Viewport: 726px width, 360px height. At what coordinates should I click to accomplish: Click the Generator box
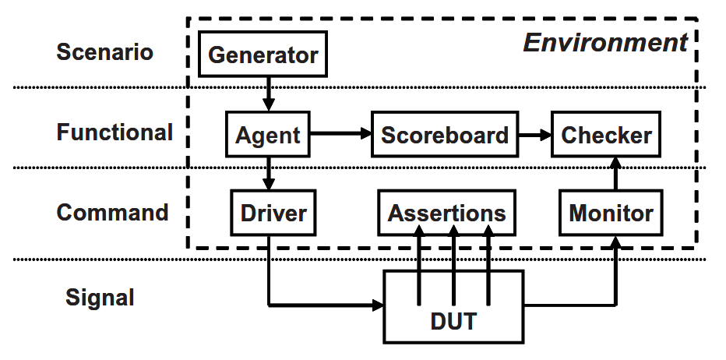263,55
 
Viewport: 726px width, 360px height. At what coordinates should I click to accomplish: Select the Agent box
268,135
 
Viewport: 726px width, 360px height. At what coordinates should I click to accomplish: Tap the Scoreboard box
445,135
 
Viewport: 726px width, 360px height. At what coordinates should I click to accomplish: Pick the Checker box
607,135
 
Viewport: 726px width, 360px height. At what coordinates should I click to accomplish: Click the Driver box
273,213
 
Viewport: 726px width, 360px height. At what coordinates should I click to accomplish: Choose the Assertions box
447,213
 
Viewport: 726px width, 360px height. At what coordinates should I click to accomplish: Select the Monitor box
611,213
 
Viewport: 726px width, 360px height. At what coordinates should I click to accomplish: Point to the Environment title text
605,42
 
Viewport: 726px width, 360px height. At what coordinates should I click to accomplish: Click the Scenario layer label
105,52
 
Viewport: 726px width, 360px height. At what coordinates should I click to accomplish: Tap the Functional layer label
115,132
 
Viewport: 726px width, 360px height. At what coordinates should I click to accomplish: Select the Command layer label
112,213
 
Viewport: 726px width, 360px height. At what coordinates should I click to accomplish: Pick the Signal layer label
100,297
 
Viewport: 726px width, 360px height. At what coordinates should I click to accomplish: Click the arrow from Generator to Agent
268,94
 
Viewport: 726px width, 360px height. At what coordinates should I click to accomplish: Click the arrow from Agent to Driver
268,173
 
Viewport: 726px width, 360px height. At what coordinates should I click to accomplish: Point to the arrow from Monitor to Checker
616,173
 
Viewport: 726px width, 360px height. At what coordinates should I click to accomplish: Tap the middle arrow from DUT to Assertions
453,265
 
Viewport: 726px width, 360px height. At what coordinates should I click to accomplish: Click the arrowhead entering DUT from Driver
379,304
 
